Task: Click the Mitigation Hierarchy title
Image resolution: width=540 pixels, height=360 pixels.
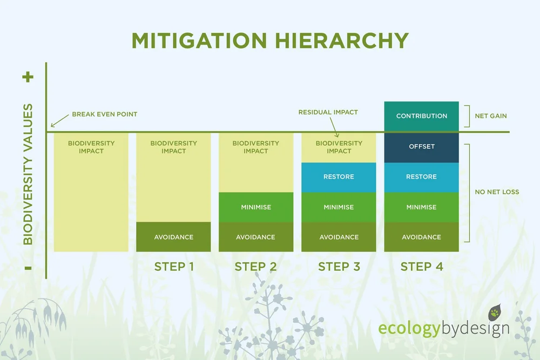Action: [x=270, y=40]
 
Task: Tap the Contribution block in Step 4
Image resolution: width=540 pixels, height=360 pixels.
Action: [x=421, y=116]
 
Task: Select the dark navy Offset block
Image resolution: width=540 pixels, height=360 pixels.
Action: [x=421, y=147]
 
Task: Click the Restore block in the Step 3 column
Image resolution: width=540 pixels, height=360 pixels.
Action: [x=339, y=177]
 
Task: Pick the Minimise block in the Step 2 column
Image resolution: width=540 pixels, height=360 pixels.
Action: [x=256, y=207]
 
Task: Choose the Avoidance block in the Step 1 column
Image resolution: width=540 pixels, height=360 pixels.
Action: [x=173, y=237]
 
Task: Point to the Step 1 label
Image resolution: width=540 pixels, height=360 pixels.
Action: [x=174, y=267]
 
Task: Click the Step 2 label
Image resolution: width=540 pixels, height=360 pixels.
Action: [x=256, y=267]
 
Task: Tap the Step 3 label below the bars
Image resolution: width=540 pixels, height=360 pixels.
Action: [x=339, y=267]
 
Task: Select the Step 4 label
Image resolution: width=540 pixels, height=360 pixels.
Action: [x=421, y=267]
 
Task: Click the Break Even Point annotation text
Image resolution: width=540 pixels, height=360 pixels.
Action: [x=104, y=114]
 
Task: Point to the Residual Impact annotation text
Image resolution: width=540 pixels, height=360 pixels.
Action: [x=328, y=112]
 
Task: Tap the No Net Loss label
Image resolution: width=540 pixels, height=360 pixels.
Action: [x=497, y=192]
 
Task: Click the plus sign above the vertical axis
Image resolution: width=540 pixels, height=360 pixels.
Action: [x=28, y=77]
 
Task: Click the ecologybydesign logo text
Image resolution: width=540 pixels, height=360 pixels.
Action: [x=443, y=329]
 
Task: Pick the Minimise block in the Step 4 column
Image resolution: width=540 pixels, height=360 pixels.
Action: [x=421, y=207]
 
